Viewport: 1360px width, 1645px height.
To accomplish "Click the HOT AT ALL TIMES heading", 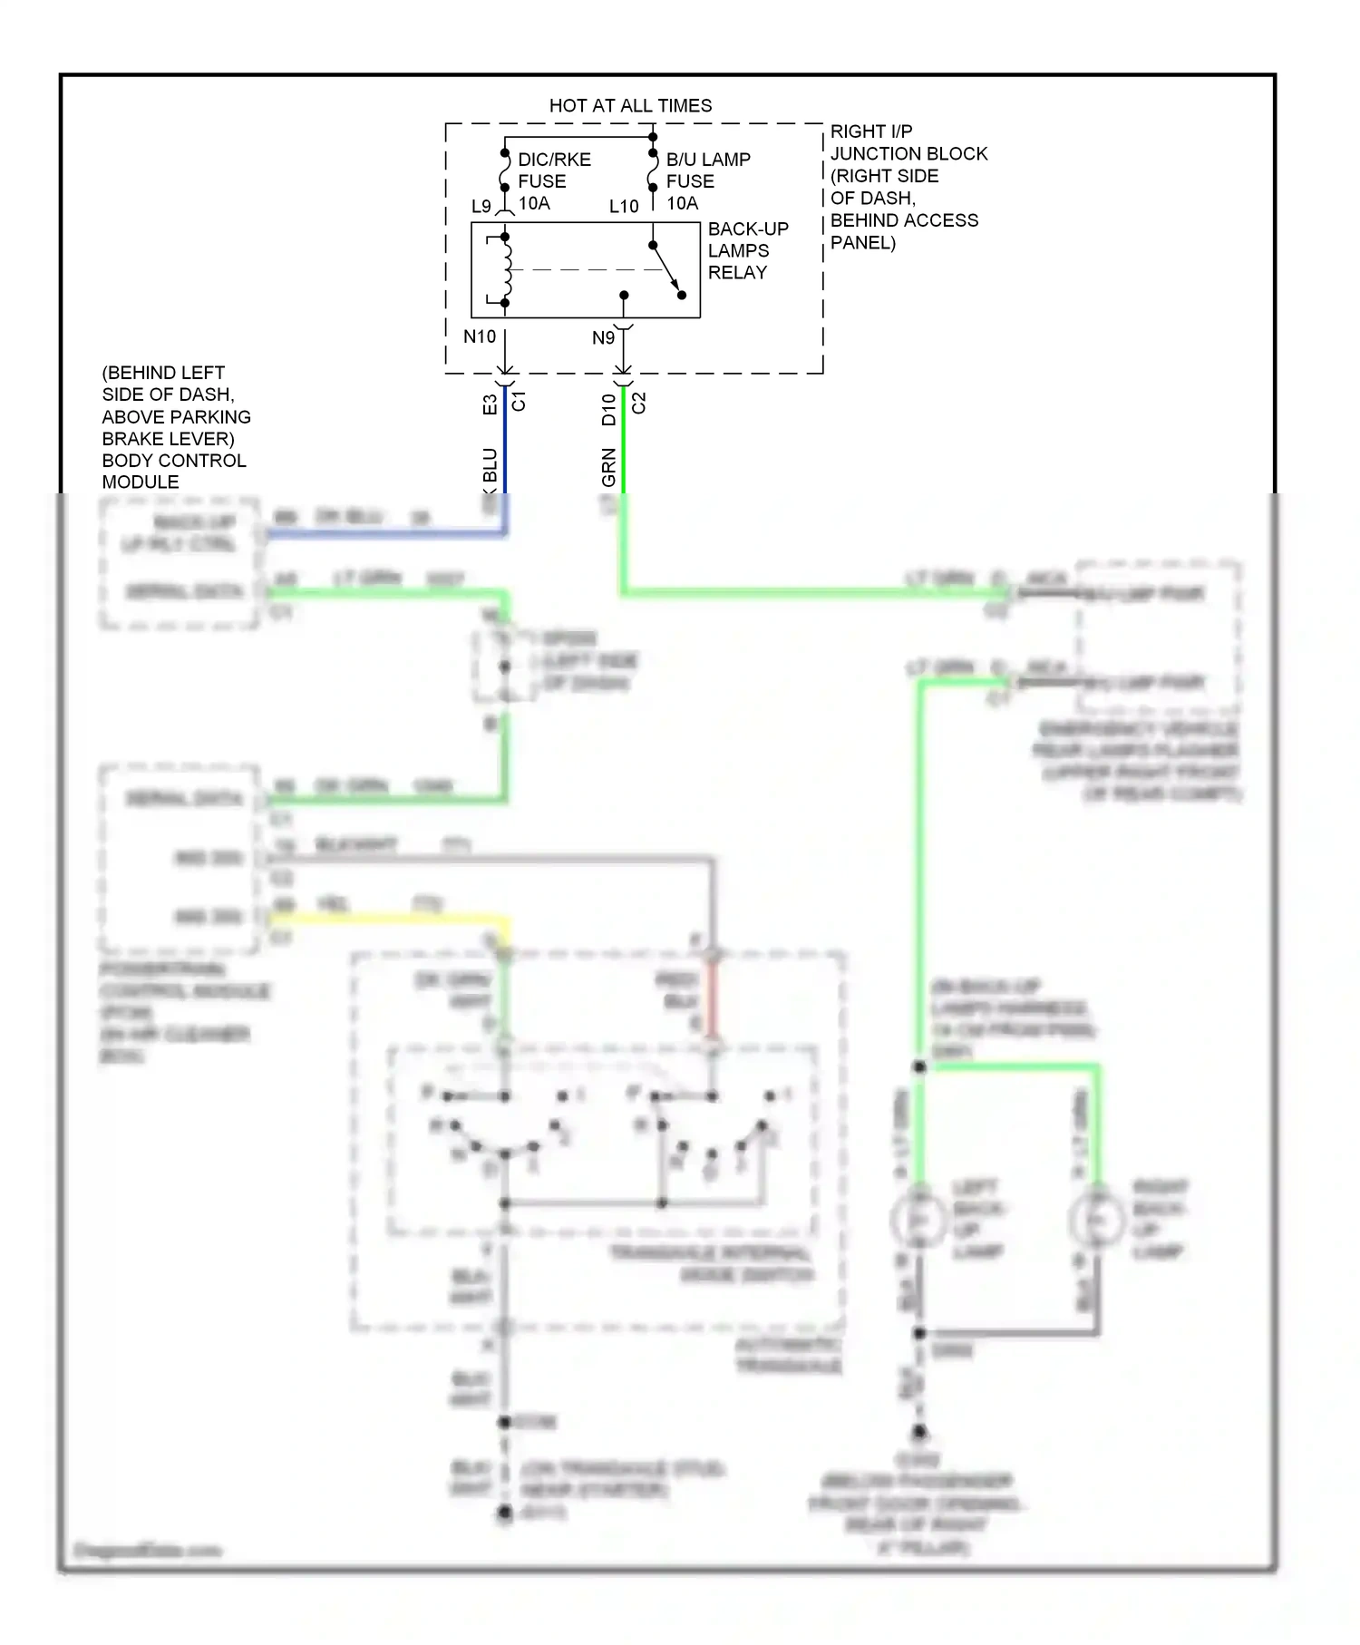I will (x=630, y=105).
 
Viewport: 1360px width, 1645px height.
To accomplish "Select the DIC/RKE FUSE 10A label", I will (x=553, y=181).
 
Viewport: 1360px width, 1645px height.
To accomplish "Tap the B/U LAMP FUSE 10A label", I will (x=707, y=181).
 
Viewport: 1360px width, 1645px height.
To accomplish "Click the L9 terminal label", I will (x=481, y=207).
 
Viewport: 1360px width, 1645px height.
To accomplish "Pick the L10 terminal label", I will (x=624, y=207).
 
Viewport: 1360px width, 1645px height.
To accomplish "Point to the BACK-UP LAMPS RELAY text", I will (x=747, y=250).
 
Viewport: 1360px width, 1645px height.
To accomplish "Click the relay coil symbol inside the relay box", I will (x=506, y=269).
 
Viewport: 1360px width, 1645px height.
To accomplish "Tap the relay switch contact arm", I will (x=666, y=269).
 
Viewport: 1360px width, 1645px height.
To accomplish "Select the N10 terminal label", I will (x=479, y=337).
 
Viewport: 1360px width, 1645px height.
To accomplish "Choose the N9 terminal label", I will (x=603, y=338).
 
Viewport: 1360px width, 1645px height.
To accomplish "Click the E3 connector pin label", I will (x=490, y=404).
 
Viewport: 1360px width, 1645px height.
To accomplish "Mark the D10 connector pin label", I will (x=608, y=409).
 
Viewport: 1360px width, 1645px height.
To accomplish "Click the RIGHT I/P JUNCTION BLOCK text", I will (x=907, y=186).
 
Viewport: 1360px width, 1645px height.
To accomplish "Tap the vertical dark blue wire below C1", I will (x=505, y=444).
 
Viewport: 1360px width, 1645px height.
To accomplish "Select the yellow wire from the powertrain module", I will (x=390, y=919).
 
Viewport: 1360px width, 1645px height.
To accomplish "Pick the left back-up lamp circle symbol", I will (x=919, y=1220).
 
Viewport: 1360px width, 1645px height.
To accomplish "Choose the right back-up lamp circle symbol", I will (x=1098, y=1220).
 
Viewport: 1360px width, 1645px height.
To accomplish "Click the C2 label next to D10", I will (x=638, y=403).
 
